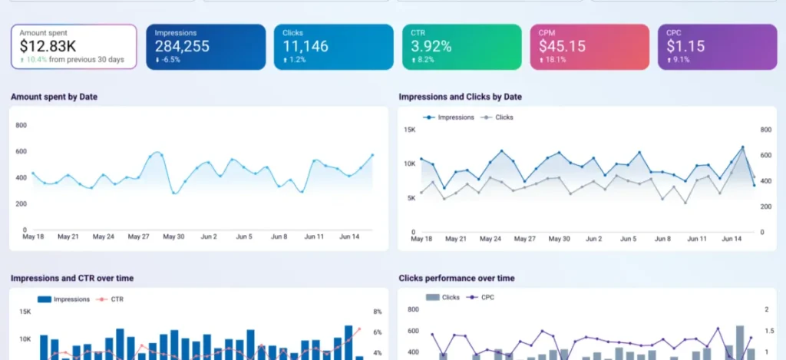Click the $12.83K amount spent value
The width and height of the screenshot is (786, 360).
tap(48, 46)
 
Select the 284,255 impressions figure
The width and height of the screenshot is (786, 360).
tap(182, 46)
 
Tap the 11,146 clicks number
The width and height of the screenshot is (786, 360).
tap(305, 46)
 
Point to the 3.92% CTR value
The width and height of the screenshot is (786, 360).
tap(431, 46)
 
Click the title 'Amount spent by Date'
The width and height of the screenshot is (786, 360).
tap(54, 97)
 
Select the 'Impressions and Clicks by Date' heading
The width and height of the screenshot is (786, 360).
tap(461, 97)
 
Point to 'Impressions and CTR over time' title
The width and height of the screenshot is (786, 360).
tap(72, 278)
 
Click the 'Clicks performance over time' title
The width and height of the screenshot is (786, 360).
tap(457, 278)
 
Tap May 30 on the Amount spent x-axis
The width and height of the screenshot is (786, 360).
tap(173, 236)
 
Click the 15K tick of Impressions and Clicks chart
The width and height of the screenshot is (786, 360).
tap(410, 130)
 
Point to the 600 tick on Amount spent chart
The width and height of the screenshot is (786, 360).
tap(21, 151)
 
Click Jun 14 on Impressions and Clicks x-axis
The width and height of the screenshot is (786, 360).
tap(732, 239)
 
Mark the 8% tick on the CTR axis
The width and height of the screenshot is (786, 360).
tap(378, 312)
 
